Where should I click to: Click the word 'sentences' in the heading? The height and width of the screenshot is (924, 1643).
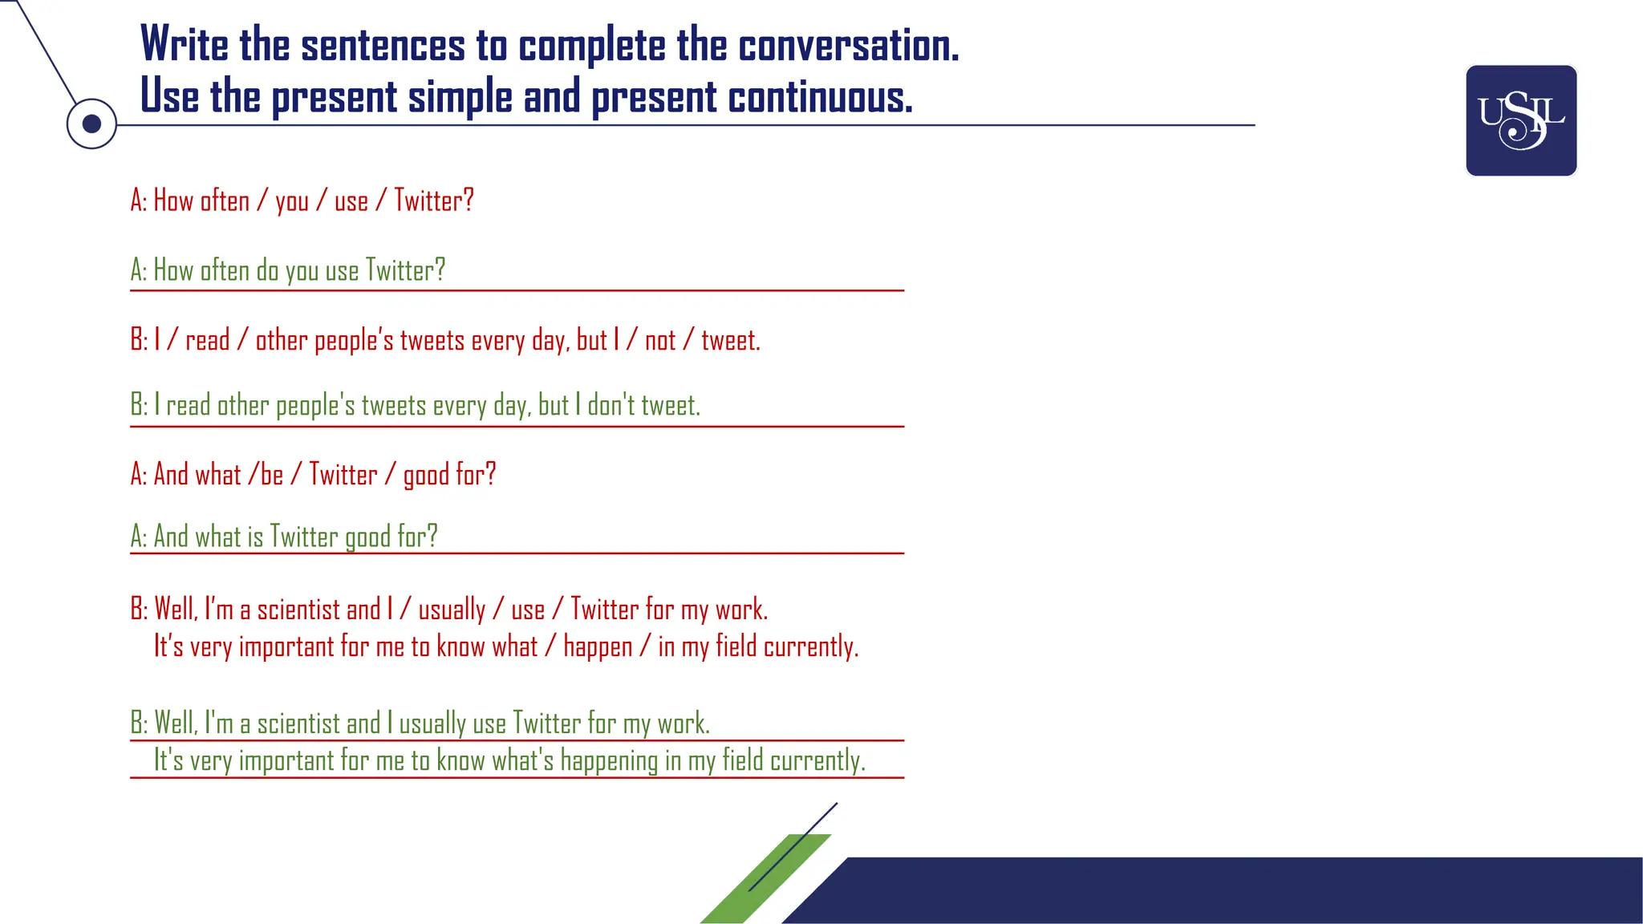(x=383, y=46)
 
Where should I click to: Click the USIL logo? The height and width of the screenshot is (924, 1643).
(x=1521, y=120)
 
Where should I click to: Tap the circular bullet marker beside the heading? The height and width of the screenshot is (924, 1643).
(x=91, y=124)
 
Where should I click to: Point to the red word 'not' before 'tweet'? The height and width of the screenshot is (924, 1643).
(x=660, y=341)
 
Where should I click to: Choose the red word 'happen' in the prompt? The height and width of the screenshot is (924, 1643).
(x=598, y=646)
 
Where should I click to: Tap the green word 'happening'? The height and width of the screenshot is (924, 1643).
(x=609, y=760)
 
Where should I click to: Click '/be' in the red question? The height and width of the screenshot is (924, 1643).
(x=266, y=475)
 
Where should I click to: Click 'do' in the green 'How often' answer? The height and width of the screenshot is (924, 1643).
(x=267, y=271)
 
